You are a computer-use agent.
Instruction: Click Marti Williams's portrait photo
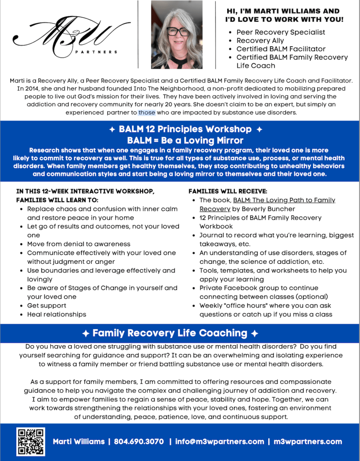(x=177, y=35)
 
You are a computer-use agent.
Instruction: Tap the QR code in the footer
(x=31, y=442)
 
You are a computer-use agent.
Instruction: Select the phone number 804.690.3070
(x=139, y=442)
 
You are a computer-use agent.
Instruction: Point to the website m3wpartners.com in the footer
(x=308, y=442)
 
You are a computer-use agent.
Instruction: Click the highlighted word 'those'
(x=147, y=113)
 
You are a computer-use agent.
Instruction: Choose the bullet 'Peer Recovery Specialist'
(x=280, y=32)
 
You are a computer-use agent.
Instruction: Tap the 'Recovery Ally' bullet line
(x=260, y=41)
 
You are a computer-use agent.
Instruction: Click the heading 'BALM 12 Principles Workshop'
(x=185, y=130)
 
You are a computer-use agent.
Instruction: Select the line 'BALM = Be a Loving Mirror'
(x=185, y=140)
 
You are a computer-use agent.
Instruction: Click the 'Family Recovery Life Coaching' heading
(x=170, y=333)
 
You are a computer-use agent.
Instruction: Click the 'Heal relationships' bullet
(x=56, y=314)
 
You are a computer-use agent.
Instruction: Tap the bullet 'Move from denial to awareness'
(x=79, y=244)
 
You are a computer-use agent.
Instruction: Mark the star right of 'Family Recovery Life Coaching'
(x=255, y=334)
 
